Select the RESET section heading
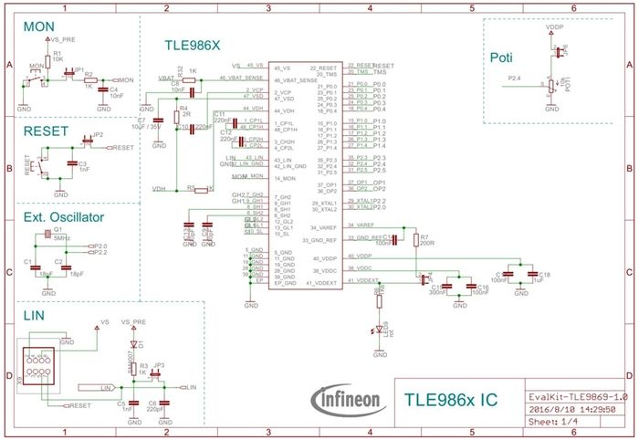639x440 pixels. (x=46, y=131)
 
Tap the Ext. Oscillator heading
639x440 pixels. (x=64, y=217)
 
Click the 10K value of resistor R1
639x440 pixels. (x=58, y=60)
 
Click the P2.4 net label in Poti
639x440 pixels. (x=514, y=79)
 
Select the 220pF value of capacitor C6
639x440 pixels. (x=155, y=410)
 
